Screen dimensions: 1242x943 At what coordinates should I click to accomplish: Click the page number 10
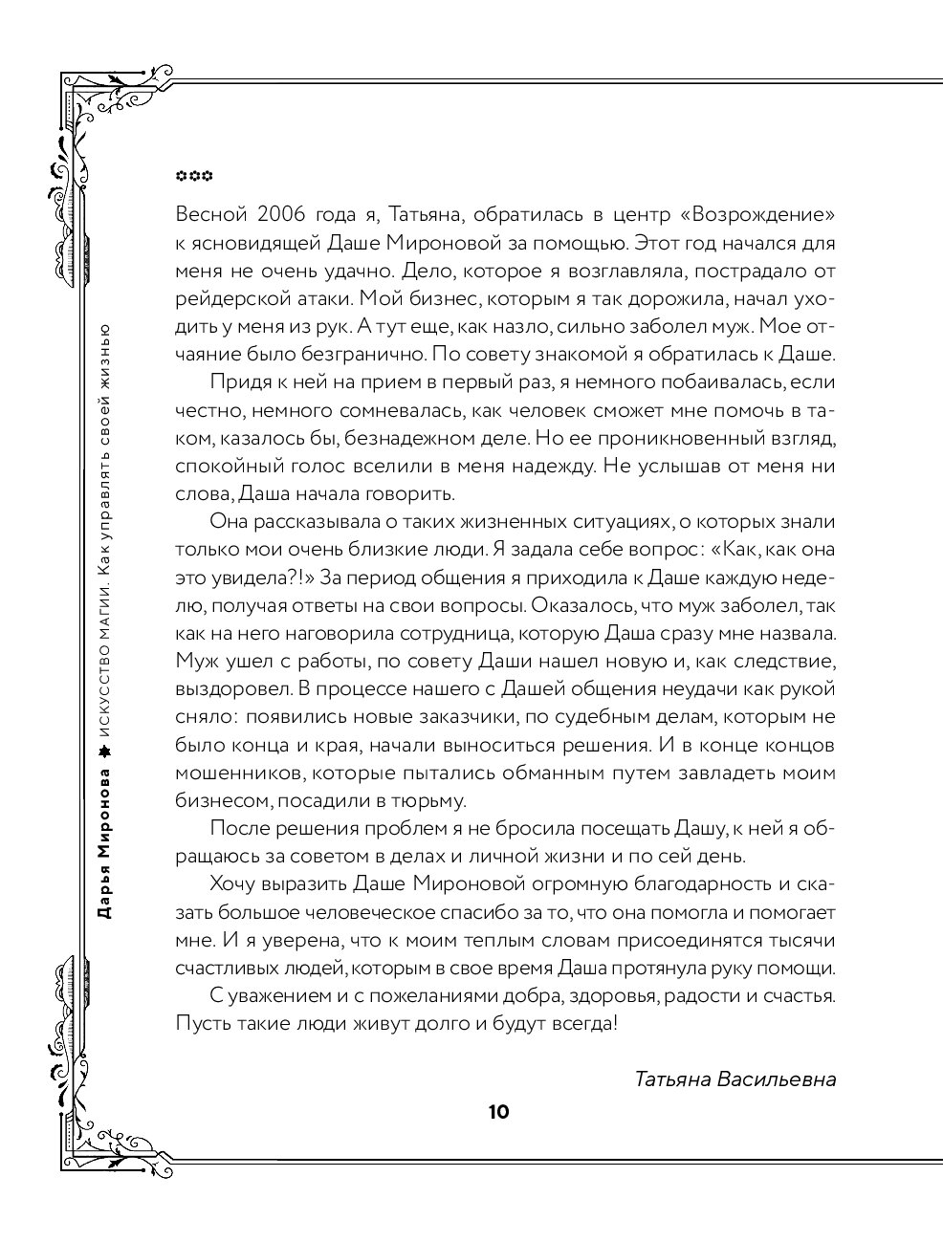498,1112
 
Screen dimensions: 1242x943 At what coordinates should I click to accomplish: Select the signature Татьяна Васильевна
735,1079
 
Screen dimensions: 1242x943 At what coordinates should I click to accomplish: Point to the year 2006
289,212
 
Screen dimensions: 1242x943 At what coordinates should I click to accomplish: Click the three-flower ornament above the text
194,177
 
